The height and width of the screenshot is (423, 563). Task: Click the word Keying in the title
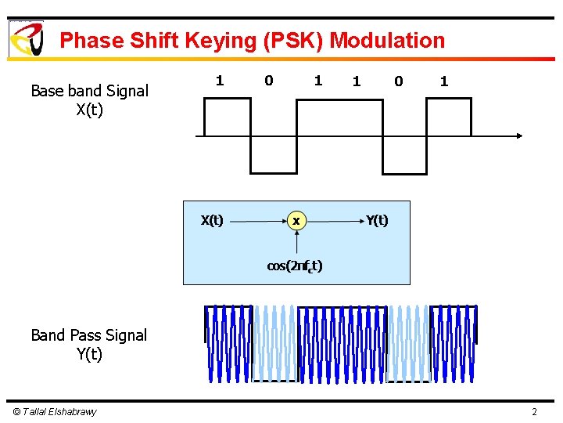pyautogui.click(x=232, y=41)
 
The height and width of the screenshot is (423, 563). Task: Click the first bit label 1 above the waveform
pyautogui.click(x=220, y=80)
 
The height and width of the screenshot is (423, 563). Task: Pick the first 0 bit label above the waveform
pyautogui.click(x=269, y=80)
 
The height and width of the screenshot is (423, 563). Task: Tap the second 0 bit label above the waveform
pyautogui.click(x=399, y=81)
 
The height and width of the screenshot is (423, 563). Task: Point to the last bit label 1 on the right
pyautogui.click(x=444, y=81)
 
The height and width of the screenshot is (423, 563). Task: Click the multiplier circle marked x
pyautogui.click(x=296, y=222)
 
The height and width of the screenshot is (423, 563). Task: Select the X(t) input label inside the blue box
pyautogui.click(x=212, y=221)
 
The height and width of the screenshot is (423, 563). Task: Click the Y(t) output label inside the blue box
pyautogui.click(x=377, y=221)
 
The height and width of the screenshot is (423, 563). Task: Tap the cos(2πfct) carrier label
pyautogui.click(x=295, y=266)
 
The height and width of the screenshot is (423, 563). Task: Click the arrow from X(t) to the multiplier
pyautogui.click(x=258, y=222)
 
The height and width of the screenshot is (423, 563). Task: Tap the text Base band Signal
pyautogui.click(x=89, y=91)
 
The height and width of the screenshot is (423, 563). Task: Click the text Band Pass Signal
pyautogui.click(x=88, y=335)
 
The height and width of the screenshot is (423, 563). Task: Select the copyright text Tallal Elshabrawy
pyautogui.click(x=54, y=412)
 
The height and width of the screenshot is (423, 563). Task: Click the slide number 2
pyautogui.click(x=534, y=412)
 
